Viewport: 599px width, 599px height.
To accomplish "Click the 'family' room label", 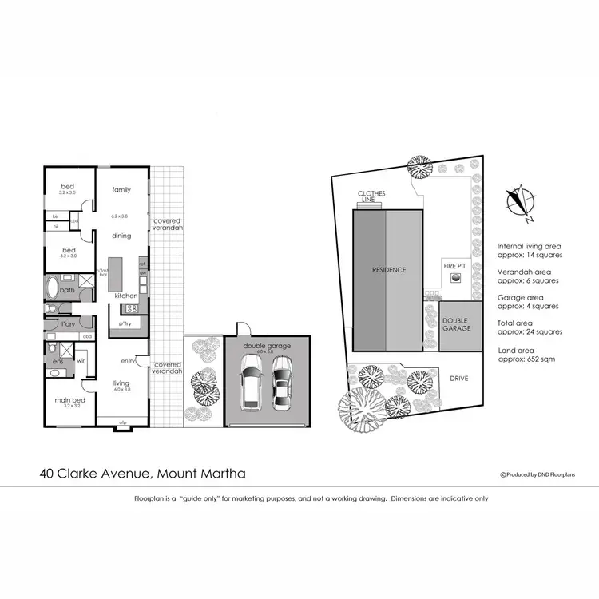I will (x=121, y=189).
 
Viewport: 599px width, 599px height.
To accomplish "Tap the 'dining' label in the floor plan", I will (x=121, y=236).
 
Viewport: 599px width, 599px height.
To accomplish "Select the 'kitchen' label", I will (x=125, y=296).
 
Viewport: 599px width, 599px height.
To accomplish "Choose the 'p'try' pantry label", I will (x=125, y=324).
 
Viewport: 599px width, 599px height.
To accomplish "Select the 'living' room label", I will (x=121, y=383).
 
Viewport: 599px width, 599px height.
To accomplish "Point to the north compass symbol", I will (x=521, y=200).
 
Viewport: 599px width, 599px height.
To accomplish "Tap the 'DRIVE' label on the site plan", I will (x=458, y=379).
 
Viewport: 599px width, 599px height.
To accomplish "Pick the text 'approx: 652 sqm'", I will (x=526, y=359).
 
